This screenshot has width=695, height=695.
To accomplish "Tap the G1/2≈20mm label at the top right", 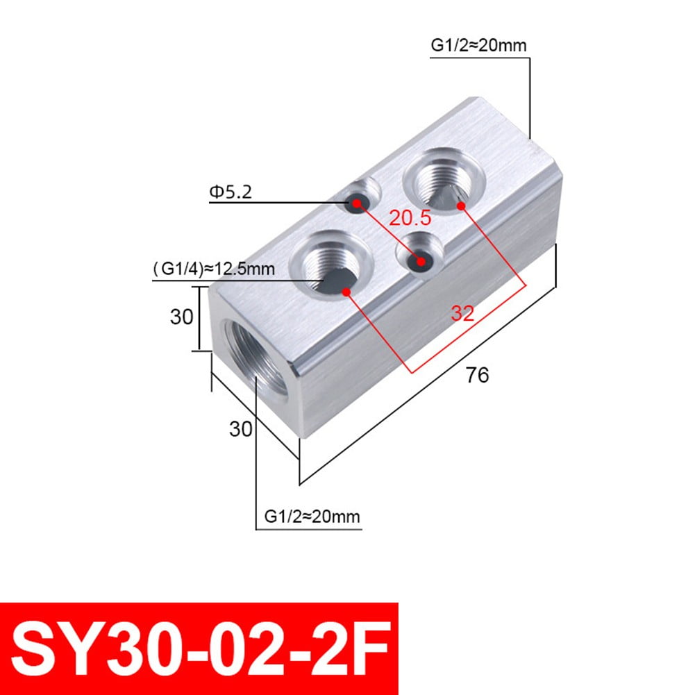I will coord(478,46).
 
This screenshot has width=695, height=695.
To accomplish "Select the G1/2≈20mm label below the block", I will coord(312,517).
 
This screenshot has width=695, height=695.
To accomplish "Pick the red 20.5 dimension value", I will coord(410,218).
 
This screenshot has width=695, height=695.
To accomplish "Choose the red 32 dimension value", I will coord(461,313).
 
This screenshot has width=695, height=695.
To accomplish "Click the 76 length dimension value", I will coord(477,375).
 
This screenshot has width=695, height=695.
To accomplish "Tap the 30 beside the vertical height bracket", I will coord(182,317).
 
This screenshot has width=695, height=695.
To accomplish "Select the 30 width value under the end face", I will coord(241,429).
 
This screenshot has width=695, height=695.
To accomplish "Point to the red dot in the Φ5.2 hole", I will coord(357,203).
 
